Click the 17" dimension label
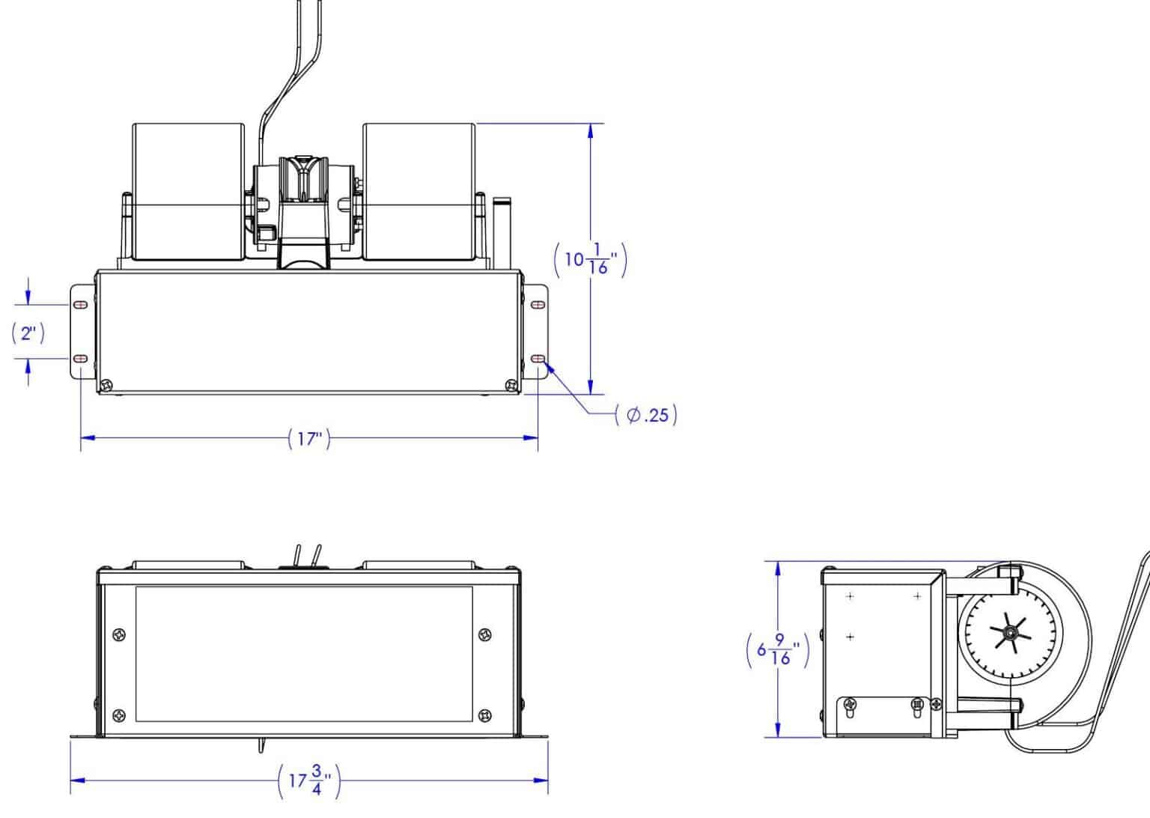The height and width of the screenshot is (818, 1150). [309, 439]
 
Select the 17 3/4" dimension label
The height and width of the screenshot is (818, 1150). [309, 781]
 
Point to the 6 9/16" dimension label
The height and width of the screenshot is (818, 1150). [778, 650]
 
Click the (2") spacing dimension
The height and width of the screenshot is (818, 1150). [28, 333]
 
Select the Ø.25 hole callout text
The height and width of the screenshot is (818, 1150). [646, 415]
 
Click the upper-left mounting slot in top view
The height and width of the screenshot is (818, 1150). [81, 305]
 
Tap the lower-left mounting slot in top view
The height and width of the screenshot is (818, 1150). [81, 359]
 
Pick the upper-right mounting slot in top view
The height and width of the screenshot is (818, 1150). [538, 305]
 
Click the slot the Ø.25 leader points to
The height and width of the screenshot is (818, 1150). [538, 359]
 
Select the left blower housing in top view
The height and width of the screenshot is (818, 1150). [189, 192]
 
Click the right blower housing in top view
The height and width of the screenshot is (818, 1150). [419, 192]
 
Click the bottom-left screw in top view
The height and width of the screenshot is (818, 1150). [106, 384]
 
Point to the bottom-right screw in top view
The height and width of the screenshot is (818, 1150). [511, 384]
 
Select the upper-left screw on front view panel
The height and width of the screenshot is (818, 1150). [119, 634]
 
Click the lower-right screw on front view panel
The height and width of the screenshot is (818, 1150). [484, 715]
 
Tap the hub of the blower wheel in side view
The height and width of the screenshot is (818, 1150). [1011, 631]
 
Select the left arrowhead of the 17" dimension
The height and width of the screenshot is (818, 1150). [88, 437]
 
